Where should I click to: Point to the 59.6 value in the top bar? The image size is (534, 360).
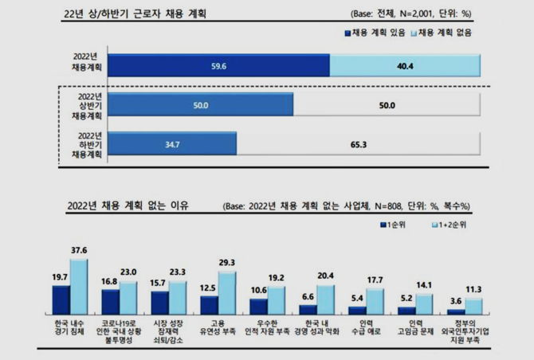click(x=218, y=66)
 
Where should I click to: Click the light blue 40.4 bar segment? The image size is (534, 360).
click(x=404, y=66)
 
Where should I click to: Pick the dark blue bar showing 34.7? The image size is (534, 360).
click(x=173, y=143)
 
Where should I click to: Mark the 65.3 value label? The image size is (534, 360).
click(x=358, y=143)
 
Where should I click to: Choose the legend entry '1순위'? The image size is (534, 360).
click(x=398, y=225)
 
